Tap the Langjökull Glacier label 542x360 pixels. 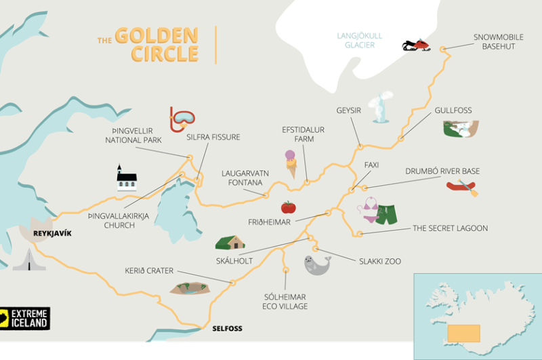tap(359, 40)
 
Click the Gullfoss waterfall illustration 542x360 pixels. tap(461, 129)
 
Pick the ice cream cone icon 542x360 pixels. tap(291, 163)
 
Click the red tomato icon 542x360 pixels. tap(289, 207)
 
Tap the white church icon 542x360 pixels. tap(126, 178)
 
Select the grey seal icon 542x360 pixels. tap(317, 264)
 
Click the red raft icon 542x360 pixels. tap(462, 186)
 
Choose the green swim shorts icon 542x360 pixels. tap(386, 215)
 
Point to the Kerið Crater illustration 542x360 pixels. tap(191, 288)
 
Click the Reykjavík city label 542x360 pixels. tap(52, 234)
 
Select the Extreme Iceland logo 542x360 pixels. tap(25, 318)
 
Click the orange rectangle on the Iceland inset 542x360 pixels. tap(463, 333)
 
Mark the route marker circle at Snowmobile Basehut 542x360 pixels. tap(443, 49)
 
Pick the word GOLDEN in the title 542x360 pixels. tap(156, 36)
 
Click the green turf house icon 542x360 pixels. tap(230, 242)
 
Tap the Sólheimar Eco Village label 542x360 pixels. tap(285, 302)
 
